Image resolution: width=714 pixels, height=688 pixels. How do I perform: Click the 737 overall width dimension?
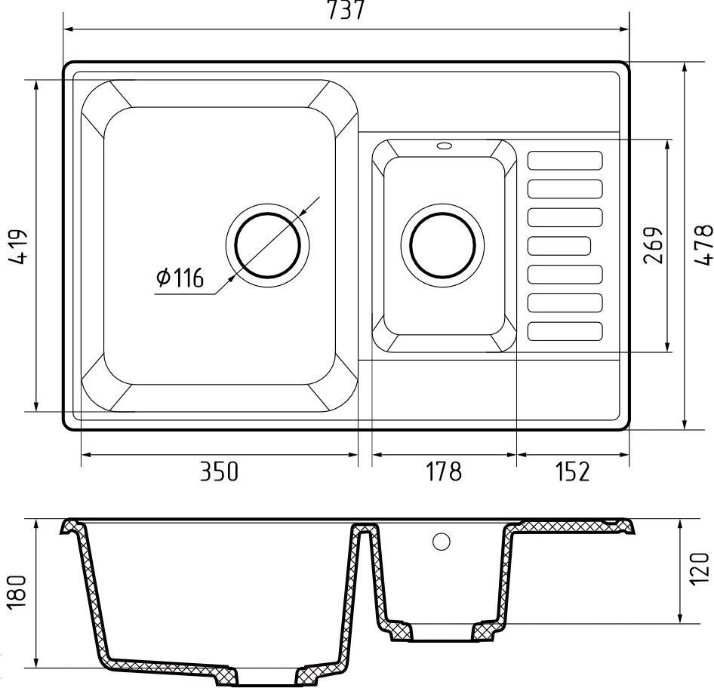346,10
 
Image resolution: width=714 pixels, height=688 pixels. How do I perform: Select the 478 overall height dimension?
703,244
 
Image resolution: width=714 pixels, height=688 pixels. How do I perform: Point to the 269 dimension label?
653,245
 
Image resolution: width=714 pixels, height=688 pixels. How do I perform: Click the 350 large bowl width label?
220,471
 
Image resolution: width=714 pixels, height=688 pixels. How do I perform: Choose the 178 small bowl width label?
444,471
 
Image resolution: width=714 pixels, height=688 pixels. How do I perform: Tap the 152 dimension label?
572,471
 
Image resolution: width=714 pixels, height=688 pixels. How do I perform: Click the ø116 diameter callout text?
180,277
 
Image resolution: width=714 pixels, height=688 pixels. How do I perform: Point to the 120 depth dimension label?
700,569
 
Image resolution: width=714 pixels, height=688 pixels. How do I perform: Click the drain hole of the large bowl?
268,245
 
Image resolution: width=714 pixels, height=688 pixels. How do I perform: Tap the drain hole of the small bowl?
442,245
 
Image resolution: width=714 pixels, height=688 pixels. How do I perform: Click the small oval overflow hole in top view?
444,146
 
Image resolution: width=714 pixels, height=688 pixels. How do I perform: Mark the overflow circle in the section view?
442,542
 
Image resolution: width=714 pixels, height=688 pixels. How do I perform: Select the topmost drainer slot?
565,161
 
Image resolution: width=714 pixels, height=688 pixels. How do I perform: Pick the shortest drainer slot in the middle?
559,246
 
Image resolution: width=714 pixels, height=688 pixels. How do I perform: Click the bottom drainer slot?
565,332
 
